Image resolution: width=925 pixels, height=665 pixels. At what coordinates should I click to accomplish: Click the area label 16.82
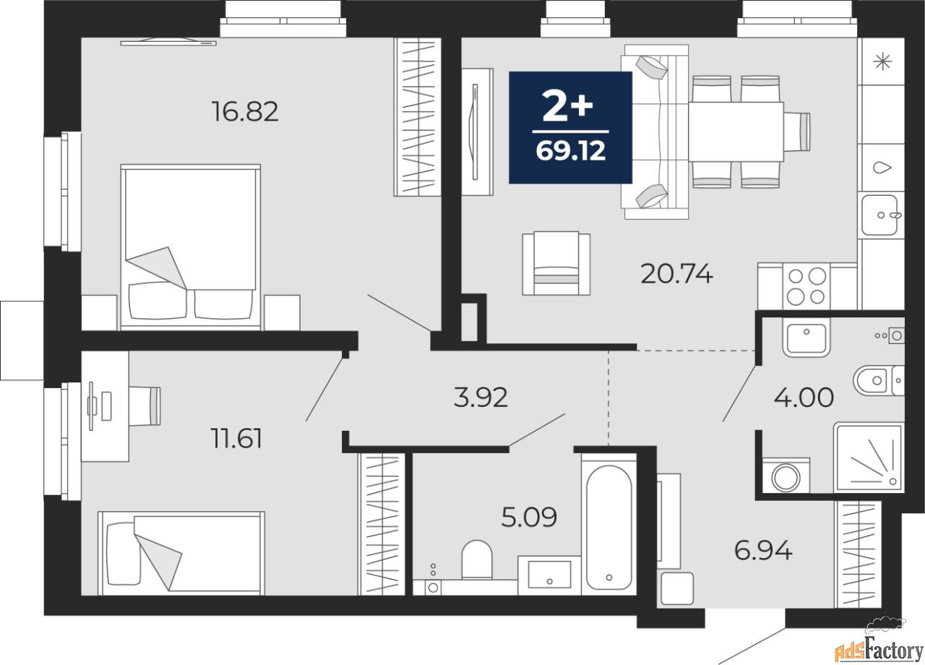tap(245, 111)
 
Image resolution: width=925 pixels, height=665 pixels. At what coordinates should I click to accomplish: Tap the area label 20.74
tap(677, 274)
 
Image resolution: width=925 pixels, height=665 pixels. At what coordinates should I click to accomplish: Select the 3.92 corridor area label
tap(481, 398)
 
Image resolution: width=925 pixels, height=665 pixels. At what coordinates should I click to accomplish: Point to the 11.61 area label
tap(236, 438)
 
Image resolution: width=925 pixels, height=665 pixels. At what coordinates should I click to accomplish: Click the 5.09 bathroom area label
tap(529, 517)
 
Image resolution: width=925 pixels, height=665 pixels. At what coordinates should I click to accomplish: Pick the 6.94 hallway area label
tap(763, 551)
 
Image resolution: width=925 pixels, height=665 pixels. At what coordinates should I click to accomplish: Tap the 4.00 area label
tap(804, 398)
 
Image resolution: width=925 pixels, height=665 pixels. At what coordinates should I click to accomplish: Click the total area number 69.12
tap(571, 151)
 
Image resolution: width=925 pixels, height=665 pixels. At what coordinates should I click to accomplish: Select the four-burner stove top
tap(806, 286)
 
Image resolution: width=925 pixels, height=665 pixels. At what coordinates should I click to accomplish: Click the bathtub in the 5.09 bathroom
tap(609, 525)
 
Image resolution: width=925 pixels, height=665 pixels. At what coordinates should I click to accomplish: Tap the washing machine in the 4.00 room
tap(786, 476)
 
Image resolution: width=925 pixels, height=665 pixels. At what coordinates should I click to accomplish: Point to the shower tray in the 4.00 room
tap(869, 458)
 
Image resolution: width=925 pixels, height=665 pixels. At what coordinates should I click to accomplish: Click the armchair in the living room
tap(556, 263)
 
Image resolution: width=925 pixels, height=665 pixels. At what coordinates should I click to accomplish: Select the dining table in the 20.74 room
tap(736, 132)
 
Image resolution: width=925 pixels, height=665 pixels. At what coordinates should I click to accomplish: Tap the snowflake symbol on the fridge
tap(882, 62)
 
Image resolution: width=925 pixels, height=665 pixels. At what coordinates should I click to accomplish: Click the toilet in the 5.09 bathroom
tap(477, 559)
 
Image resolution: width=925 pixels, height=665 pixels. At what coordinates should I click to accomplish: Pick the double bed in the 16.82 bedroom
tap(190, 247)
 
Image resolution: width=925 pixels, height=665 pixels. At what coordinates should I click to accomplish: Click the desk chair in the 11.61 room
tap(145, 406)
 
